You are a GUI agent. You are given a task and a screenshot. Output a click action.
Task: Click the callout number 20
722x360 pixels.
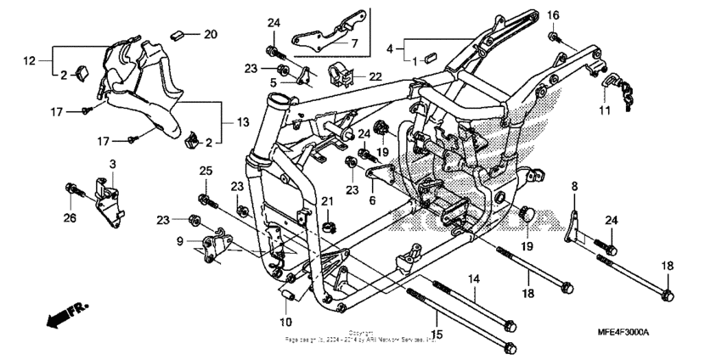point(211,34)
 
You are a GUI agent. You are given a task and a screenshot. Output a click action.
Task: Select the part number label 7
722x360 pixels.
point(354,42)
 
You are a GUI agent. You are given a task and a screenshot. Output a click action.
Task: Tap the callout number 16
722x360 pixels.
point(553,15)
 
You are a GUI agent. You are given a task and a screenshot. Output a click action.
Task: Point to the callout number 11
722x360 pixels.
point(604,111)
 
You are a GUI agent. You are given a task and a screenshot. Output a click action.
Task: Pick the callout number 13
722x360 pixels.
point(243,123)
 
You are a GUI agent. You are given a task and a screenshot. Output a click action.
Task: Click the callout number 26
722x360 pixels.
point(70,219)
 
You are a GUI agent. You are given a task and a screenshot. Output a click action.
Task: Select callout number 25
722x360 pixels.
point(204,172)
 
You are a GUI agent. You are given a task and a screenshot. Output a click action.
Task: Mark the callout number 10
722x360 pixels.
point(286,322)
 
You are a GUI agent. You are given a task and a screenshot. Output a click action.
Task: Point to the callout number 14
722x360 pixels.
point(473,278)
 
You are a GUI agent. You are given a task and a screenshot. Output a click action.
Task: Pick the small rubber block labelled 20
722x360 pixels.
point(178,35)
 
